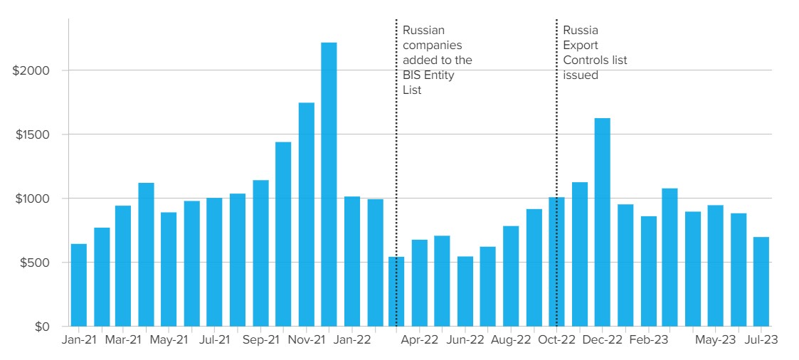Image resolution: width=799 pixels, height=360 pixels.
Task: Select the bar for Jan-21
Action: coord(78,285)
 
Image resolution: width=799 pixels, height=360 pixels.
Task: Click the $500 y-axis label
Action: coord(35,263)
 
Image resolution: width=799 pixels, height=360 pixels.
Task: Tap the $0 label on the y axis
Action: coord(43,327)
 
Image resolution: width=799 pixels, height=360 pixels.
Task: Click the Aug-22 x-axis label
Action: coord(511,341)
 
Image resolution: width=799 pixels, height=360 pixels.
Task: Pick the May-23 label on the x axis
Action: coord(716,341)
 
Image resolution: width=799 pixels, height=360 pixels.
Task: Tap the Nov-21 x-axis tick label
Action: coord(306,341)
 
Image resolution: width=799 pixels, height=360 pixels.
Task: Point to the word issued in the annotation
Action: coord(580,75)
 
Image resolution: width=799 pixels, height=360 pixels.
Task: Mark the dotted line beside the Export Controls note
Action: coord(556,142)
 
